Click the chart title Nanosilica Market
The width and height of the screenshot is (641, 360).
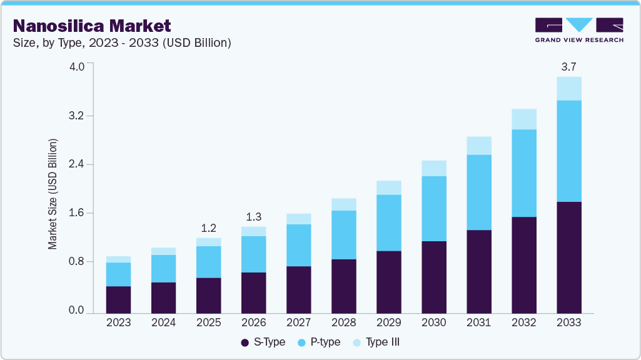(92, 26)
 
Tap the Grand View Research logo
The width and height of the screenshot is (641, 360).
(579, 30)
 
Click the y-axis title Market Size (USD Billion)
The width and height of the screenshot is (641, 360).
(53, 194)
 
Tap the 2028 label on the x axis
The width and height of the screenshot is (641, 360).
(343, 322)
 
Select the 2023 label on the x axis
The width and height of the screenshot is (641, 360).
(118, 322)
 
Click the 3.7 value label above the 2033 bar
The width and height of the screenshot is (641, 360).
(568, 66)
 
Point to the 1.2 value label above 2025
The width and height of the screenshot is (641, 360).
(208, 227)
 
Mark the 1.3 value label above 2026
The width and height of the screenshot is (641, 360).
(253, 216)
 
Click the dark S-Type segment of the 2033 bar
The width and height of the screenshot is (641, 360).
(568, 257)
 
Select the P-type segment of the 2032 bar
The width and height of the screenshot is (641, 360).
(523, 173)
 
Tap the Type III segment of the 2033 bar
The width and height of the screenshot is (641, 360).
(568, 88)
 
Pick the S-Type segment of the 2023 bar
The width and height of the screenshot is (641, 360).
(118, 299)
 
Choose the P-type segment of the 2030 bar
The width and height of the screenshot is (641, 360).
(433, 208)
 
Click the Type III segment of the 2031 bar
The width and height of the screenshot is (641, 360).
(478, 146)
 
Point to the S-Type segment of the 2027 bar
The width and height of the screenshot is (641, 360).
(298, 289)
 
